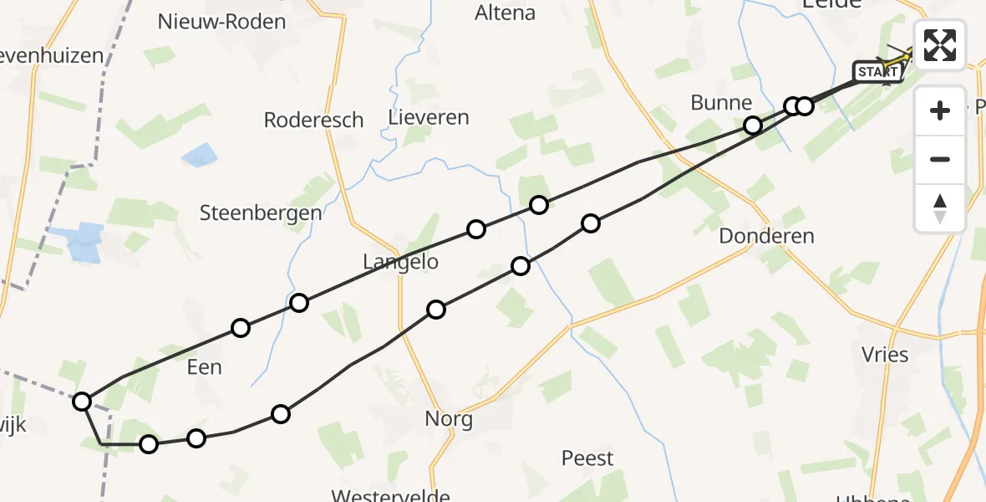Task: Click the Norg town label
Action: [449, 419]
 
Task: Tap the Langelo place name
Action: [400, 262]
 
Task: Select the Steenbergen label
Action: [261, 213]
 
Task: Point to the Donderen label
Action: [766, 236]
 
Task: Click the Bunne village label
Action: [721, 103]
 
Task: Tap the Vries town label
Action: [885, 355]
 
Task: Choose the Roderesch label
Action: [313, 120]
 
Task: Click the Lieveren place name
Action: [429, 117]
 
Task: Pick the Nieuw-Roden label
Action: [221, 22]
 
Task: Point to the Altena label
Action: [505, 13]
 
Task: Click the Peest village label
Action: [587, 458]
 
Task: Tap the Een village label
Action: [205, 366]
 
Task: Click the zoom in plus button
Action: [940, 110]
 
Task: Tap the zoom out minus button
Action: [940, 159]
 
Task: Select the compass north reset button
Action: [940, 207]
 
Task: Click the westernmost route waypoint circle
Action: [82, 402]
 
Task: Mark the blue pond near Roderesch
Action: [199, 155]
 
